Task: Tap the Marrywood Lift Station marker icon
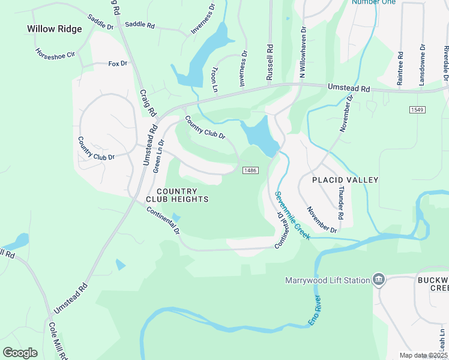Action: (379, 280)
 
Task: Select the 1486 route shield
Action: (251, 172)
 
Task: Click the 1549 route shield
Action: (418, 110)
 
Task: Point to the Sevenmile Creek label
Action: (292, 215)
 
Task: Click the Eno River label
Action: (315, 311)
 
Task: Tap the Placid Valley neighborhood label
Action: (345, 180)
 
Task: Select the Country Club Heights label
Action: (177, 195)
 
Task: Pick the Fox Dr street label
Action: (118, 63)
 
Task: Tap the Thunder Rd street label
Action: (341, 202)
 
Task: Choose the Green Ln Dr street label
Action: (159, 157)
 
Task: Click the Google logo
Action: (20, 352)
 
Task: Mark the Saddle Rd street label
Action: (139, 26)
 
